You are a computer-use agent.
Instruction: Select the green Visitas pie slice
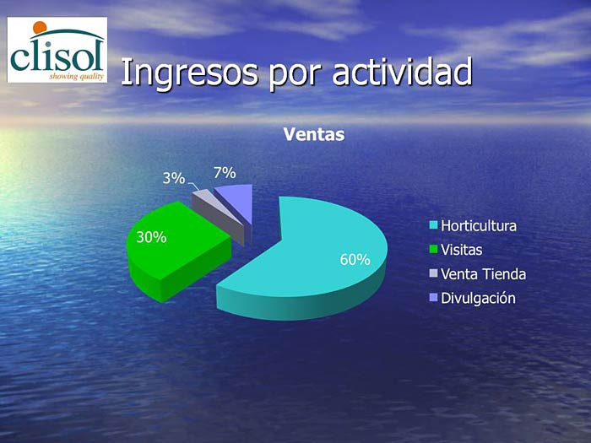173,249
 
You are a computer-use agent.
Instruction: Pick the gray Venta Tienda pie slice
220,214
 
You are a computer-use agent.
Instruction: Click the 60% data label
355,260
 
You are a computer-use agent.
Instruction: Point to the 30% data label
151,237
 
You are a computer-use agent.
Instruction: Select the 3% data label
174,178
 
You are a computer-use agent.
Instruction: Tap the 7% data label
225,173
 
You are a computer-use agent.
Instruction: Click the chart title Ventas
314,134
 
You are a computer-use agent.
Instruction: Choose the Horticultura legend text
479,226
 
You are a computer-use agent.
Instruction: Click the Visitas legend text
461,250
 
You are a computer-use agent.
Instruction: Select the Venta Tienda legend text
483,274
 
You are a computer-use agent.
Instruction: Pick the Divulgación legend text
478,299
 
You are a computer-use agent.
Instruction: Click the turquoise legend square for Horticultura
433,225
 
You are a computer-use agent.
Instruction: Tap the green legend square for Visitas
433,250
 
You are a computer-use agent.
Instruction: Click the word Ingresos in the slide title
190,73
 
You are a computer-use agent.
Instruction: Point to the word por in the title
295,75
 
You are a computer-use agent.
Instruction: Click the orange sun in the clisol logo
40,28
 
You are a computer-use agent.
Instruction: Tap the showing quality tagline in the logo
77,77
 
